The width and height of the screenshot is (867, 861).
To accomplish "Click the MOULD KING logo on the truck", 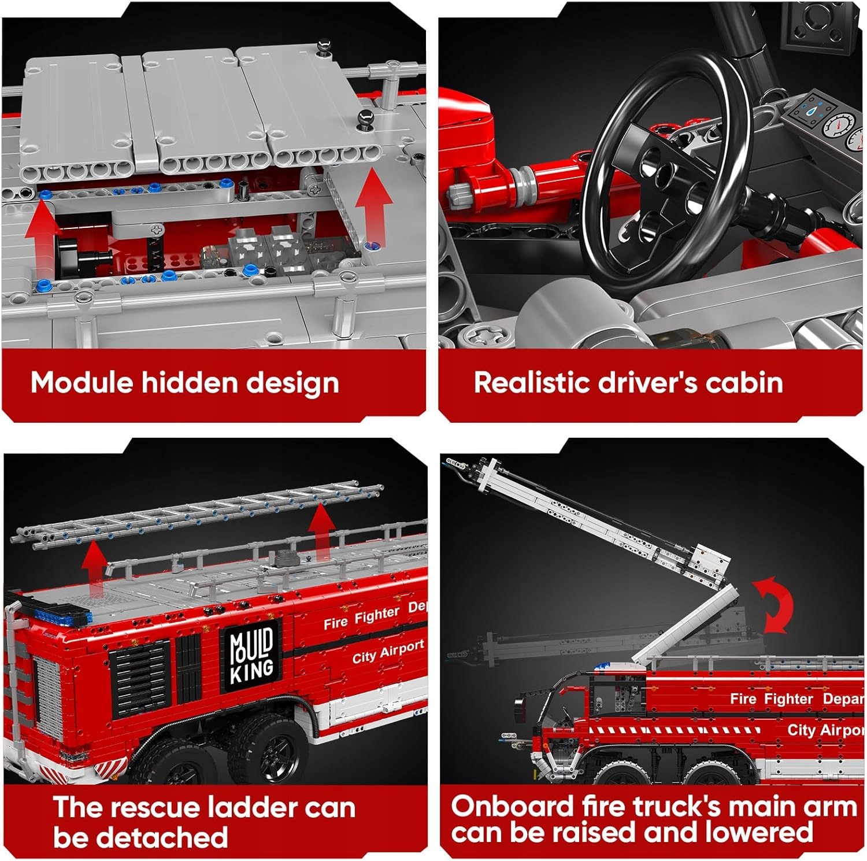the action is pyautogui.click(x=252, y=656).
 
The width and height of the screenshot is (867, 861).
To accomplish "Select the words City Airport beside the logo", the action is pyautogui.click(x=388, y=652).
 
